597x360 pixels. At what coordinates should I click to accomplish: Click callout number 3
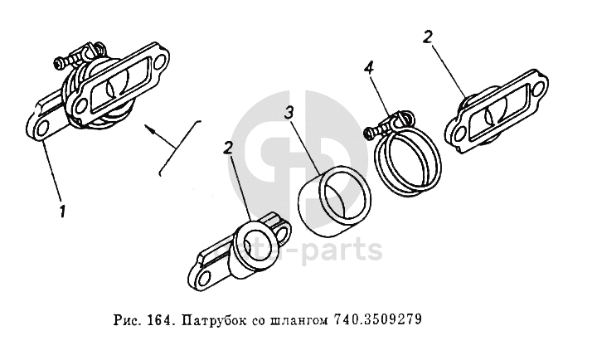[x=289, y=113]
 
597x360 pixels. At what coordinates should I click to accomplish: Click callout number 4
[x=369, y=68]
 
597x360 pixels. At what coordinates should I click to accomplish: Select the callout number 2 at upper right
[x=428, y=37]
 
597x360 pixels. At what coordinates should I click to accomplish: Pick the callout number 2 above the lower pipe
[x=228, y=148]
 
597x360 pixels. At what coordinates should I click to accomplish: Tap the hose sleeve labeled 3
[x=334, y=201]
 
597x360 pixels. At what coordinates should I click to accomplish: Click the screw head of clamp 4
[x=368, y=134]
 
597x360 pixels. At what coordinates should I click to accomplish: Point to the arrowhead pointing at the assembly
[x=149, y=129]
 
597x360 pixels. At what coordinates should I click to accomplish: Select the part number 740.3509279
[x=378, y=319]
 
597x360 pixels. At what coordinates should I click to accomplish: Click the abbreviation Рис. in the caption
[x=127, y=319]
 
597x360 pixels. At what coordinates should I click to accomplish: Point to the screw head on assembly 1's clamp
[x=59, y=63]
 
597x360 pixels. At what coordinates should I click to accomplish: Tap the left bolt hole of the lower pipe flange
[x=201, y=277]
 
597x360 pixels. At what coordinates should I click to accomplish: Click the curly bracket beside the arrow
[x=179, y=148]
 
